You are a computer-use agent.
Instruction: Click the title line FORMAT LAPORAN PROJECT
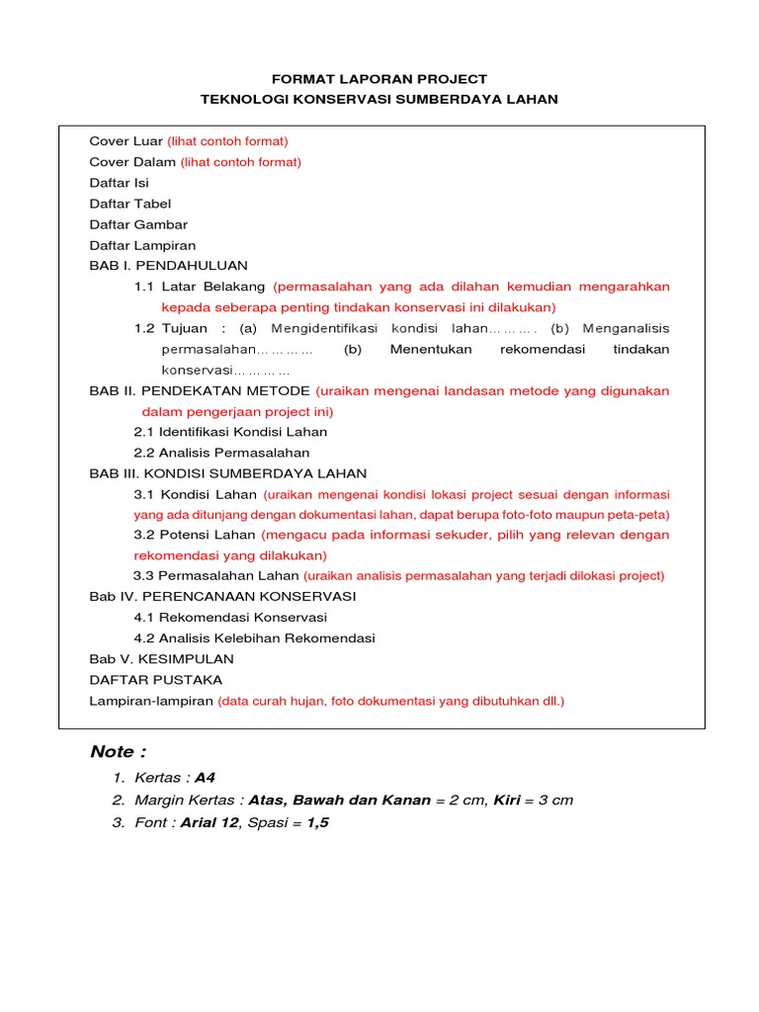[379, 79]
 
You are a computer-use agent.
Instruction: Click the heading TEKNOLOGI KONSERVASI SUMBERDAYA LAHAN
[379, 100]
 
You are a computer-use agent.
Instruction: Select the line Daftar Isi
[120, 183]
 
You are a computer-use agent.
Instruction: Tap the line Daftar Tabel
[130, 204]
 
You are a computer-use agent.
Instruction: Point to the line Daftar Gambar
[138, 224]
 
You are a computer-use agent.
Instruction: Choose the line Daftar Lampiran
[142, 245]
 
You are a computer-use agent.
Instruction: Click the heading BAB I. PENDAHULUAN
[169, 266]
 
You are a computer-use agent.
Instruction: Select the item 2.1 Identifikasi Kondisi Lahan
[230, 432]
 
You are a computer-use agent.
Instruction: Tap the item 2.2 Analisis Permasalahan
[221, 453]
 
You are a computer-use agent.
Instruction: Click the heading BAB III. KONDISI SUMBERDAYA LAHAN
[228, 473]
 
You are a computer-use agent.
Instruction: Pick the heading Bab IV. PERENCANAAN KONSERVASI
[222, 597]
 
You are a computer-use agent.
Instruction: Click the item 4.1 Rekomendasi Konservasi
[230, 618]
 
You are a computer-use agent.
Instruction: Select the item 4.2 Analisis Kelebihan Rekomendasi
[254, 638]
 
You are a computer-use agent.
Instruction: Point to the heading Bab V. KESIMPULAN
[162, 659]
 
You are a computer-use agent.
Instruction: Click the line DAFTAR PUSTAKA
[156, 680]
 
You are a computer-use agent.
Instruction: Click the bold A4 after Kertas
[205, 778]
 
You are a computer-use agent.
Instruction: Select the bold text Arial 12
[210, 822]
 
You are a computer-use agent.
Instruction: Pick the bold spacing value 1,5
[317, 822]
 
